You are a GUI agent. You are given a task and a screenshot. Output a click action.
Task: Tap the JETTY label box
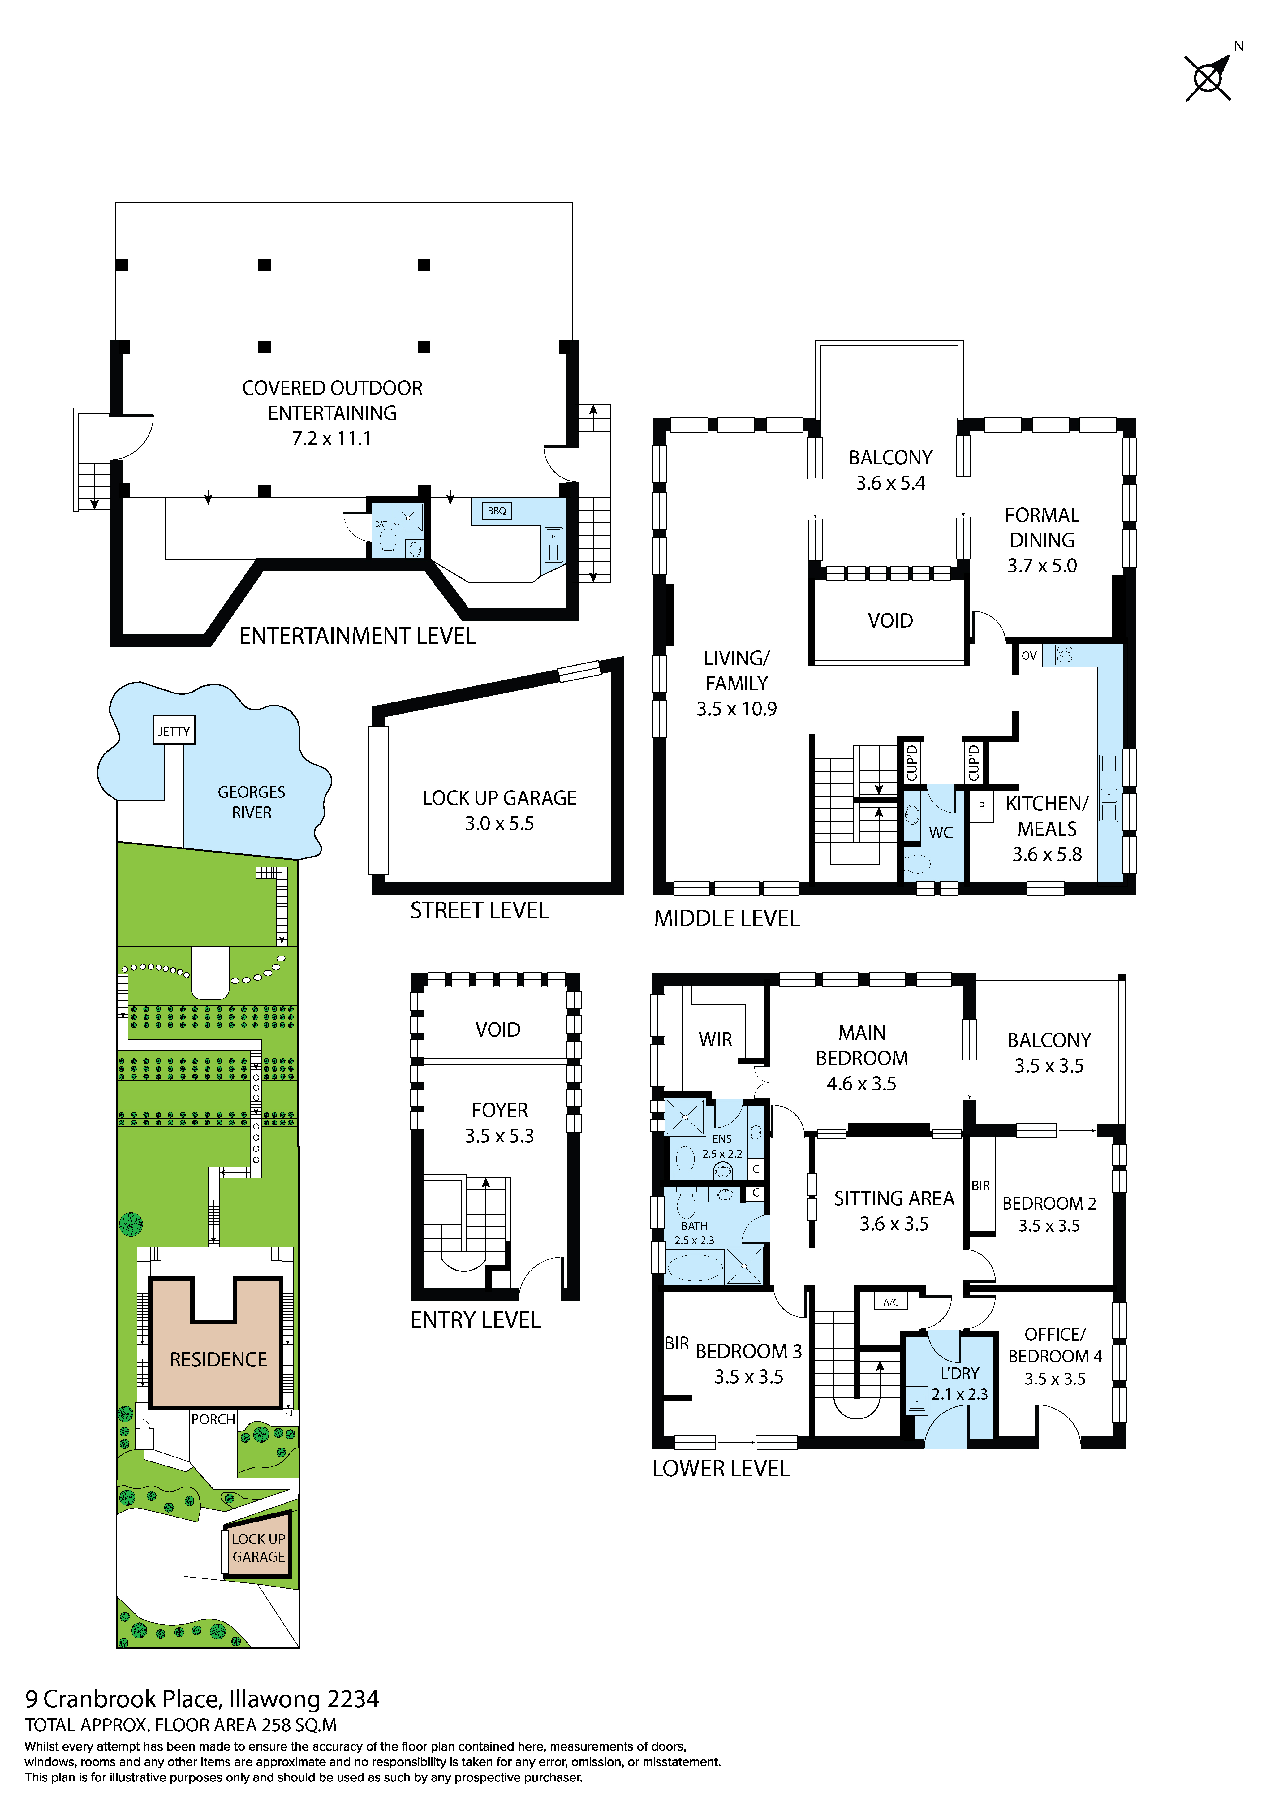coord(173,731)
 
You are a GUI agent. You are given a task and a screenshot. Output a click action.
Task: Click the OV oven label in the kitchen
coord(1029,655)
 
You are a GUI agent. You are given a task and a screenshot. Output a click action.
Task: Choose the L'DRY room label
coord(959,1373)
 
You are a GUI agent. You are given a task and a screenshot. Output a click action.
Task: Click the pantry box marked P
coord(981,806)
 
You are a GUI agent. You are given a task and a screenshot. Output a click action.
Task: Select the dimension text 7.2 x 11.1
coord(332,439)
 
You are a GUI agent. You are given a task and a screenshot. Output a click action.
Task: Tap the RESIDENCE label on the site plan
coord(218,1360)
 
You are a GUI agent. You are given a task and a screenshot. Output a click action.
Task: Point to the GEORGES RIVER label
coord(251,802)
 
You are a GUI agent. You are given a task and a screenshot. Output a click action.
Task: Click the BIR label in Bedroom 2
coord(980,1186)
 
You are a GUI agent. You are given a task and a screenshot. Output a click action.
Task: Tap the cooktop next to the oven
coord(1065,655)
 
